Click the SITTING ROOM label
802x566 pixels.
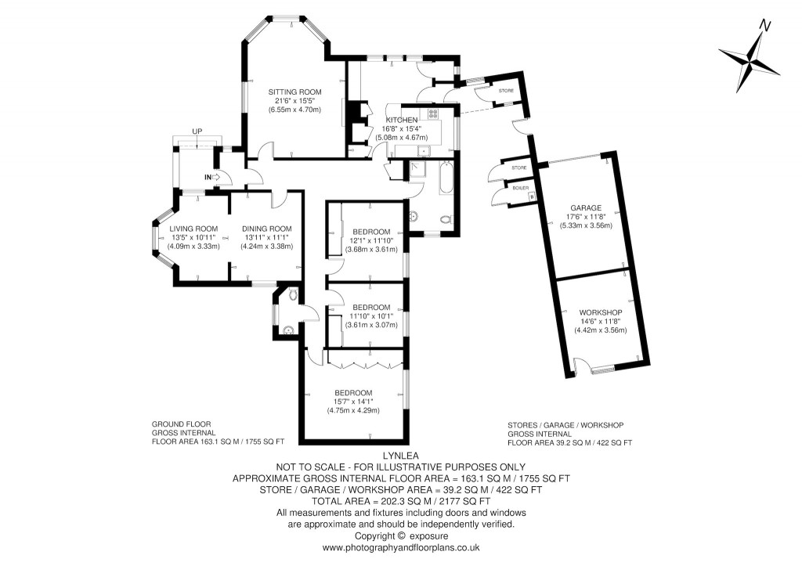point(294,92)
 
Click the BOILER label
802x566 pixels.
point(520,189)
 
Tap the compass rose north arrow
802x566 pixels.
point(750,59)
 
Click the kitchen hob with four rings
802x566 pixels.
point(432,114)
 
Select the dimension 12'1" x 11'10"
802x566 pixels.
point(372,240)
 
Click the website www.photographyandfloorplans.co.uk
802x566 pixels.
point(402,548)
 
